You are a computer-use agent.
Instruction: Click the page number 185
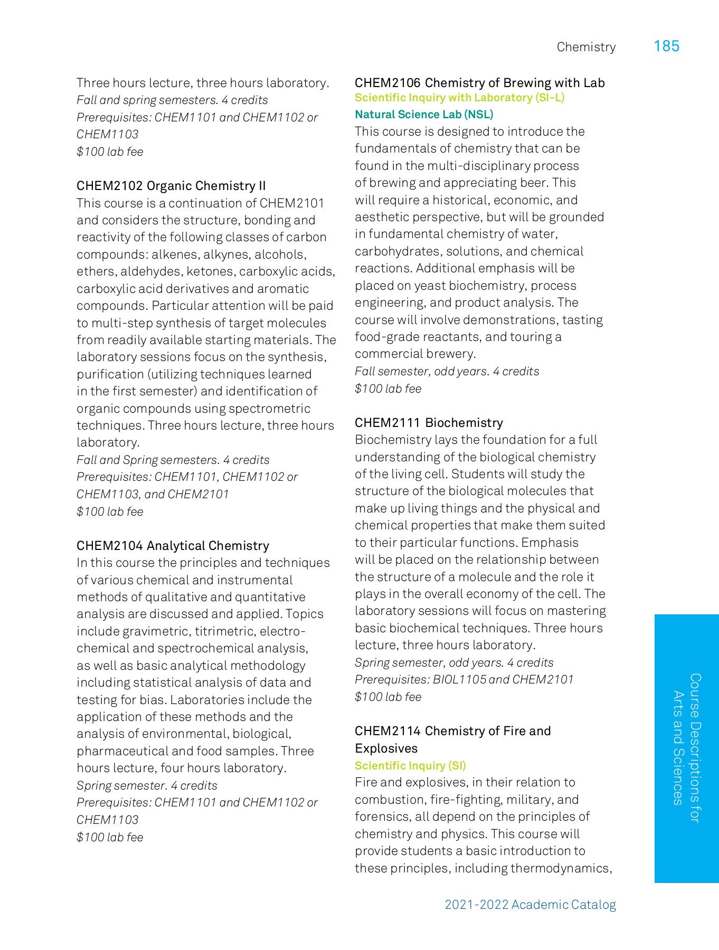tap(666, 46)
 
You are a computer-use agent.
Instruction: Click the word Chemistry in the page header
tap(586, 47)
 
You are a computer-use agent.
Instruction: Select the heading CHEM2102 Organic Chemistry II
tap(171, 186)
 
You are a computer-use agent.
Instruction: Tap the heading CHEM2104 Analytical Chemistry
tap(173, 546)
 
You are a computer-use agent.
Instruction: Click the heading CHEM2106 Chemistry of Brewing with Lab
tap(479, 83)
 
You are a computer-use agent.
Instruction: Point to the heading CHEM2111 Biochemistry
tap(429, 423)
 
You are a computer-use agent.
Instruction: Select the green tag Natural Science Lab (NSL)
tap(424, 115)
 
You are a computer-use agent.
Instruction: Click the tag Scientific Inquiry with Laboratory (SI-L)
tap(459, 98)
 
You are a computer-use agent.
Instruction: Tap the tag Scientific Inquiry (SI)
tap(410, 766)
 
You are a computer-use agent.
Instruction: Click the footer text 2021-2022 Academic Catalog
tap(530, 905)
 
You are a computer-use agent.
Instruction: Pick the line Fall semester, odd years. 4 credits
tap(447, 372)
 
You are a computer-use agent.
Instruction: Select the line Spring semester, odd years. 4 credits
tap(454, 663)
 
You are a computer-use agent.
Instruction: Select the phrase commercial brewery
tap(415, 354)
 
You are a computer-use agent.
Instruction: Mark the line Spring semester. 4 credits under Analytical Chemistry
tap(147, 786)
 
